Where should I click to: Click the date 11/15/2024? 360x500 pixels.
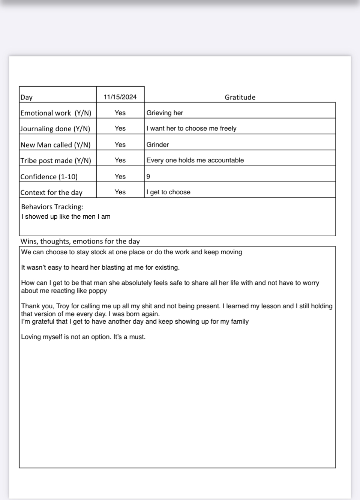[x=120, y=97]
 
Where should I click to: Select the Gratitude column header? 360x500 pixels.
[x=240, y=97]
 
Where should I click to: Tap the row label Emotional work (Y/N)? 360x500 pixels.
[x=56, y=113]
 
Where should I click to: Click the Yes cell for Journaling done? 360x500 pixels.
[x=120, y=128]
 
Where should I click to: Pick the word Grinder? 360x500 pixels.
[x=157, y=144]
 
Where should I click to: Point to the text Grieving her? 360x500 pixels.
[x=165, y=113]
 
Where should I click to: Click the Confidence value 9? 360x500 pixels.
[x=148, y=177]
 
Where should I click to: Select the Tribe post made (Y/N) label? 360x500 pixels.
[x=56, y=161]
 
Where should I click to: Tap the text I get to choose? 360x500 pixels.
[x=168, y=192]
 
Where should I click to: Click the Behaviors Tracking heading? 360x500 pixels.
[x=52, y=207]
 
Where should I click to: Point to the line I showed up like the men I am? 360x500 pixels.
[x=66, y=216]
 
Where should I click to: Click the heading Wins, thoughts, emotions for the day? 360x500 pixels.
[x=80, y=241]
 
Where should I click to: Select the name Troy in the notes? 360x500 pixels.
[x=63, y=306]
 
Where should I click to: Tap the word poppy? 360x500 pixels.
[x=97, y=291]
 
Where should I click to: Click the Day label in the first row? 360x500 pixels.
[x=27, y=97]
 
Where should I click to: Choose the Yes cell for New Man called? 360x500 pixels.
[x=120, y=144]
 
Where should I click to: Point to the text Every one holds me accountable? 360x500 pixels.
[x=195, y=160]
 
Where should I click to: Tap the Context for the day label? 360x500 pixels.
[x=51, y=192]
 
